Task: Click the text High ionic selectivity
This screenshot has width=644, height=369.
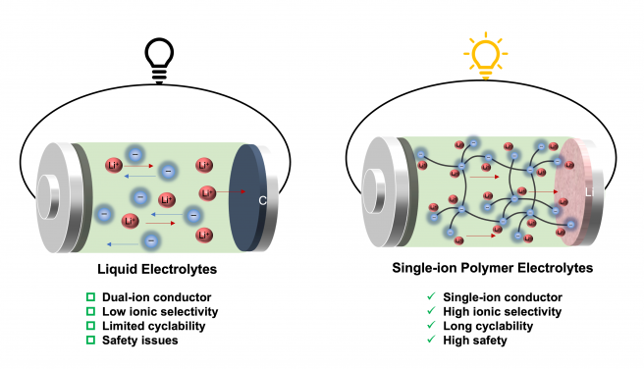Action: (498, 311)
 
